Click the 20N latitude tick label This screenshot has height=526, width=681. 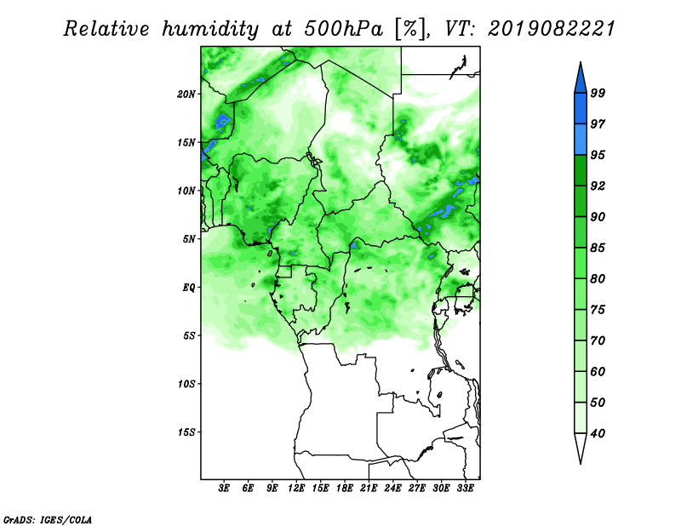[x=186, y=94]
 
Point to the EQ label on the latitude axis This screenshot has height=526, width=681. [x=189, y=287]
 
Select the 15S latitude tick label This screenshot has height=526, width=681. [x=186, y=432]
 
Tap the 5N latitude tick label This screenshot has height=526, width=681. [x=189, y=239]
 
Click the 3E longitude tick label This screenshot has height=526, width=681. [x=224, y=488]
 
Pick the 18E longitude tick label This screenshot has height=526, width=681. [x=345, y=488]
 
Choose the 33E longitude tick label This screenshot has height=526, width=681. [x=465, y=488]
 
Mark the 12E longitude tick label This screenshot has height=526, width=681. [x=296, y=488]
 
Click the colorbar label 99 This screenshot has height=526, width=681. [x=598, y=93]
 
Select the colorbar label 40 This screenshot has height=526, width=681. [x=598, y=433]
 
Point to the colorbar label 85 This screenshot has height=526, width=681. [x=598, y=248]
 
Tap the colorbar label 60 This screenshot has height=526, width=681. [x=598, y=371]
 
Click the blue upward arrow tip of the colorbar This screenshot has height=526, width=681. [x=581, y=62]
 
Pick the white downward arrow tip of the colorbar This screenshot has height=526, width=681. [x=581, y=464]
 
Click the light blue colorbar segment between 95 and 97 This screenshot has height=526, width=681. [x=581, y=140]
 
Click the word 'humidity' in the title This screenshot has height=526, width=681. [x=210, y=29]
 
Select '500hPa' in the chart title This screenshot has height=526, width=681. [x=344, y=29]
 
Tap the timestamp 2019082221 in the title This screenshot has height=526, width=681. [x=552, y=29]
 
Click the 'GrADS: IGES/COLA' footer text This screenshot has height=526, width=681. [x=48, y=519]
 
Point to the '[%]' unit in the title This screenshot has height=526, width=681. [x=410, y=29]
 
